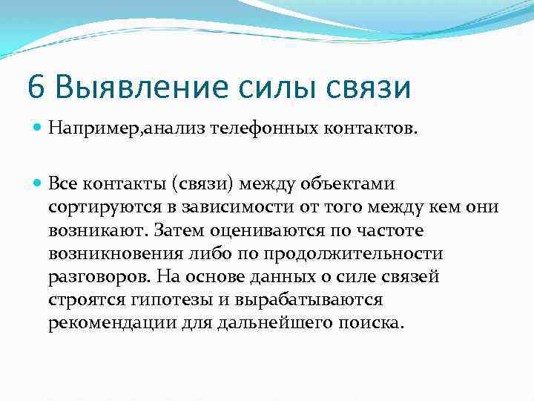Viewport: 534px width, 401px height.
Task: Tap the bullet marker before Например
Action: pyautogui.click(x=38, y=129)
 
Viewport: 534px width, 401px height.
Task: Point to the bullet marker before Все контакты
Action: pyautogui.click(x=38, y=183)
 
